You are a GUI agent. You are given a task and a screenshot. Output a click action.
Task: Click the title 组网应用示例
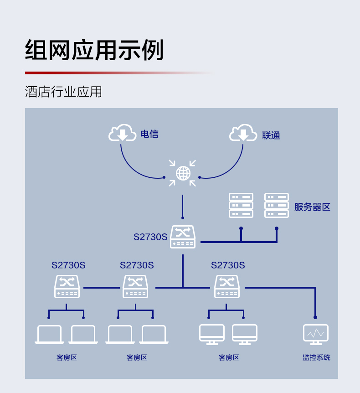[94, 50]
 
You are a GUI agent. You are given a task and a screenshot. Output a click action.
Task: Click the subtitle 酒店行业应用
[63, 92]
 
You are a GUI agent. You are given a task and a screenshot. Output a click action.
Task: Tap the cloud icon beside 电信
[122, 133]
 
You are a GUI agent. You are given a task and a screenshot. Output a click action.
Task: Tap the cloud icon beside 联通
[243, 133]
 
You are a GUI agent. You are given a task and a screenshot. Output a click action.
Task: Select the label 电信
[149, 134]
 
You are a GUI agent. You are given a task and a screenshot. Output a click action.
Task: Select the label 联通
[271, 135]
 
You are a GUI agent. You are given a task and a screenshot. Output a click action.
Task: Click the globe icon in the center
[183, 173]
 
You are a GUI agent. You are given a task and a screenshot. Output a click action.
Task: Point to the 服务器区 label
[312, 207]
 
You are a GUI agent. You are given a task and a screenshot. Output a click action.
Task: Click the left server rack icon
[241, 205]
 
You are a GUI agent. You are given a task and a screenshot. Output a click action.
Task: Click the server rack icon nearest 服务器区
[277, 205]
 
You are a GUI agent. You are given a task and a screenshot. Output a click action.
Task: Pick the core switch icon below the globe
[183, 237]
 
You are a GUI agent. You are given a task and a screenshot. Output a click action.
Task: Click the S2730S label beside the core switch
[150, 237]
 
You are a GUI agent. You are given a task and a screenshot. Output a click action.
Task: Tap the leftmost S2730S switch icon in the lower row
[67, 286]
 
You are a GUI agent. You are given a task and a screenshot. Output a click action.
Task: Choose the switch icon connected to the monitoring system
[227, 286]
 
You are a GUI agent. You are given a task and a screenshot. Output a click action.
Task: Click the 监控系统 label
[316, 357]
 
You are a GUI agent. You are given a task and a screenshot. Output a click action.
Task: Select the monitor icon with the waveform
[316, 335]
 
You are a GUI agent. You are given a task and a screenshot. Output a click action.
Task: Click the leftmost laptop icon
[49, 335]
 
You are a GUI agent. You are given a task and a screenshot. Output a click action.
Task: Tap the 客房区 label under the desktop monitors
[229, 357]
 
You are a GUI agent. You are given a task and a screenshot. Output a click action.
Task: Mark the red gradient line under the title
[120, 73]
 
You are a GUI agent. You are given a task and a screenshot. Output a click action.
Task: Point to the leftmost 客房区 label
[67, 357]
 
